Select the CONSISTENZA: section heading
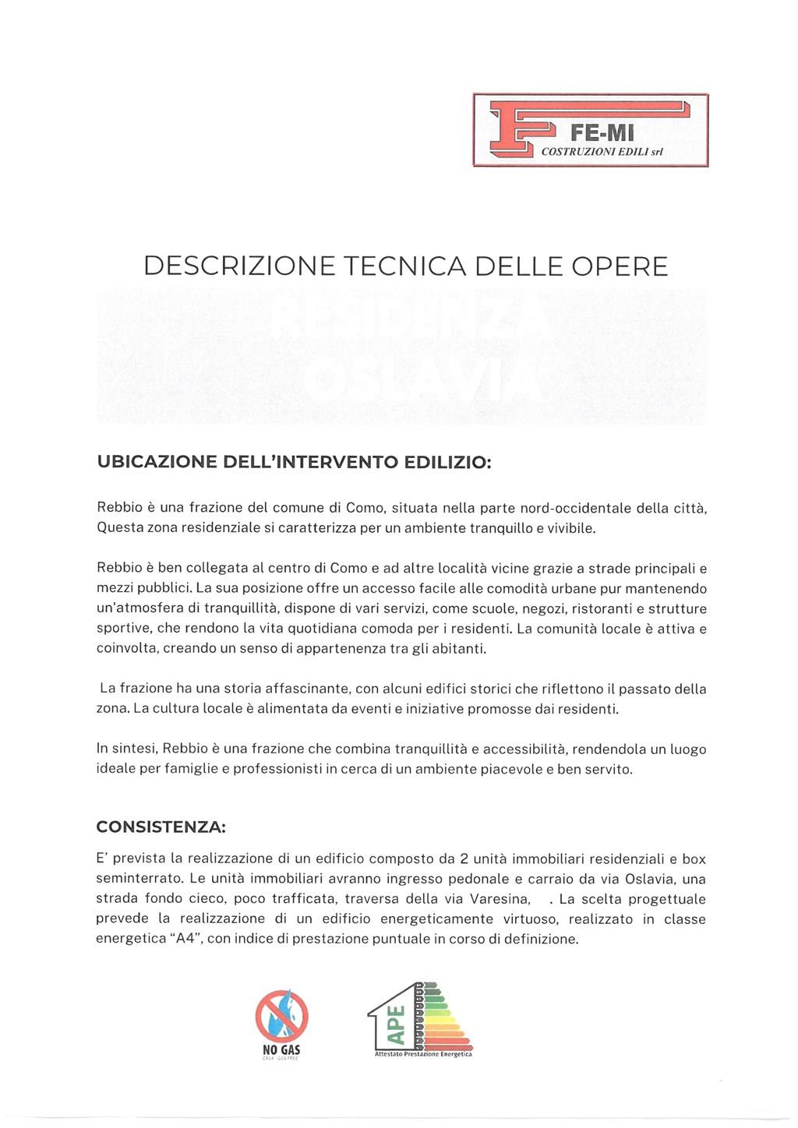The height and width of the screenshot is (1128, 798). (161, 826)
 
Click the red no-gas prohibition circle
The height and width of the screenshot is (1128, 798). (281, 1016)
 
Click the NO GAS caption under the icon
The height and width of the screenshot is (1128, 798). (281, 1050)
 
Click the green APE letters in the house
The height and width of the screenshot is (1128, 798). (397, 1025)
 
